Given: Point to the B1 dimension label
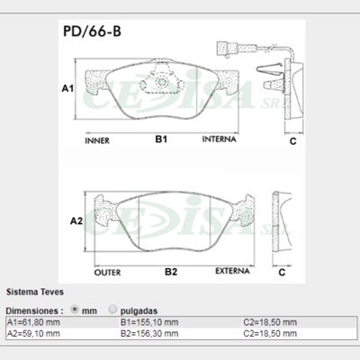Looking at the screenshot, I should click(x=161, y=140).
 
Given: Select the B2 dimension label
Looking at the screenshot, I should click(x=170, y=270).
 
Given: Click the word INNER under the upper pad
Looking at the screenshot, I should click(x=96, y=141).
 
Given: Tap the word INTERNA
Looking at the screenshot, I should click(x=220, y=141).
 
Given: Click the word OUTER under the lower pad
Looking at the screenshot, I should click(x=108, y=270).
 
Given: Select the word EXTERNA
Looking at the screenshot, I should click(x=230, y=270).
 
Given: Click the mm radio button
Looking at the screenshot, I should click(x=75, y=308).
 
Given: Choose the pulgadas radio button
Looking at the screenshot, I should click(x=112, y=308).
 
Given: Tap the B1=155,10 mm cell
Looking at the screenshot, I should click(x=148, y=321).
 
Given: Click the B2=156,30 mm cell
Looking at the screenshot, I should click(x=148, y=333).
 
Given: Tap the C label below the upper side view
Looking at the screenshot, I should click(x=292, y=141).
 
